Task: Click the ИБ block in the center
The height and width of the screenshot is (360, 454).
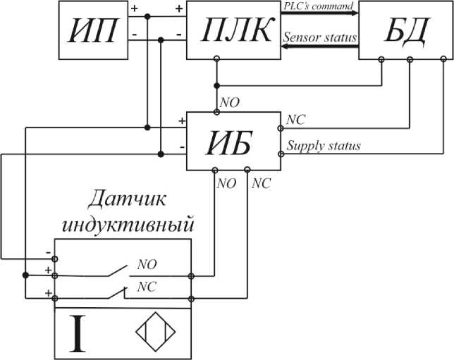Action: [x=233, y=141]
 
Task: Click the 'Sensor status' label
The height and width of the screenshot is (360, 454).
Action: [x=319, y=35]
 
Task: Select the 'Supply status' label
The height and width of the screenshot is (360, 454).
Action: [x=324, y=146]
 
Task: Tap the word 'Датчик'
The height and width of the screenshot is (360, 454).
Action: [x=128, y=200]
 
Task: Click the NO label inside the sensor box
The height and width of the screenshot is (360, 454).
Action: [x=147, y=265]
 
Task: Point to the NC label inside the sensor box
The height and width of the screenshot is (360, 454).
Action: [x=147, y=287]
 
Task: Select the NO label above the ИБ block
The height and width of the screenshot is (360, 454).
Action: [x=229, y=103]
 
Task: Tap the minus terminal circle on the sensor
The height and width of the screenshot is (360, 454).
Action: [x=56, y=259]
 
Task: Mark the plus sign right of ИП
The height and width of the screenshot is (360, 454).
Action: [x=134, y=9]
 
